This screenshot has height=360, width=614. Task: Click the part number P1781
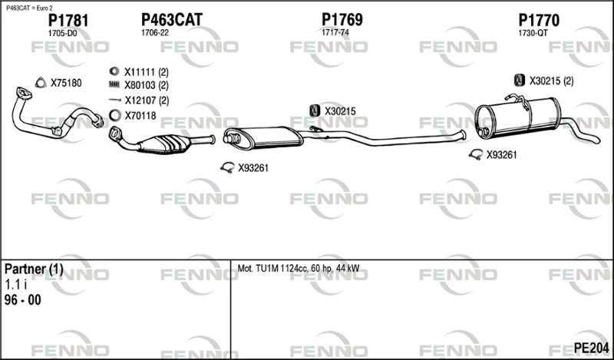tap(68, 21)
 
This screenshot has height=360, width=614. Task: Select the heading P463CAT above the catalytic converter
tap(171, 20)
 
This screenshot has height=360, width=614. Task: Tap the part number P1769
tap(342, 20)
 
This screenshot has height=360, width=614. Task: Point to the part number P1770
tap(539, 21)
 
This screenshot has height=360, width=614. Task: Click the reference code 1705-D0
tap(62, 34)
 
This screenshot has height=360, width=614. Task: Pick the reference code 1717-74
tap(335, 33)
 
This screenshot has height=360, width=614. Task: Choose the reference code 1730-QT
tap(533, 34)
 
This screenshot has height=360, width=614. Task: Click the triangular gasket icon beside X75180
tap(41, 83)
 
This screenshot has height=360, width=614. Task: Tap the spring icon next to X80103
tap(114, 84)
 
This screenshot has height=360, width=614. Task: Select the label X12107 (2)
tap(147, 101)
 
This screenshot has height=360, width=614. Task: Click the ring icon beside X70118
tap(114, 116)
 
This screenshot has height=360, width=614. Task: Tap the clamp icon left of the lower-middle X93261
tap(227, 167)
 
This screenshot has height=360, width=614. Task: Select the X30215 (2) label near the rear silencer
tap(551, 81)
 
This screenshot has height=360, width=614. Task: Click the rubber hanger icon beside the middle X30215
tap(314, 111)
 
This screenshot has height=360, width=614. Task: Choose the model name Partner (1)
tap(34, 269)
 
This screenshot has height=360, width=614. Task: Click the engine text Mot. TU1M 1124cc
tap(272, 269)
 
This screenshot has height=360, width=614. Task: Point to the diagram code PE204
tap(591, 348)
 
